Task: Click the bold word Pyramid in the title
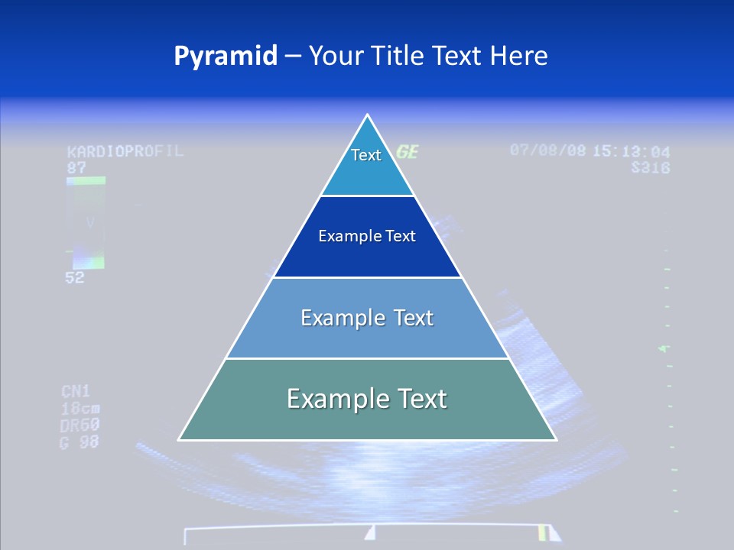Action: click(x=226, y=56)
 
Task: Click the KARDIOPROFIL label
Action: click(x=125, y=150)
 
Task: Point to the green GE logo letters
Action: click(x=407, y=152)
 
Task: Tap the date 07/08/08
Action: click(x=547, y=150)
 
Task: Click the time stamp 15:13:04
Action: click(x=632, y=151)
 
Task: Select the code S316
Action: click(x=651, y=167)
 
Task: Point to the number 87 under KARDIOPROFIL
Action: click(x=76, y=167)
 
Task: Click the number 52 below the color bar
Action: click(x=74, y=278)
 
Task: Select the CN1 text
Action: click(x=76, y=392)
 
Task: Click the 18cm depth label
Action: click(x=80, y=408)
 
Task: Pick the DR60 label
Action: click(x=80, y=425)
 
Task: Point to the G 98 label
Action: click(x=80, y=442)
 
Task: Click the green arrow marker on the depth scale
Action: click(x=664, y=349)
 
